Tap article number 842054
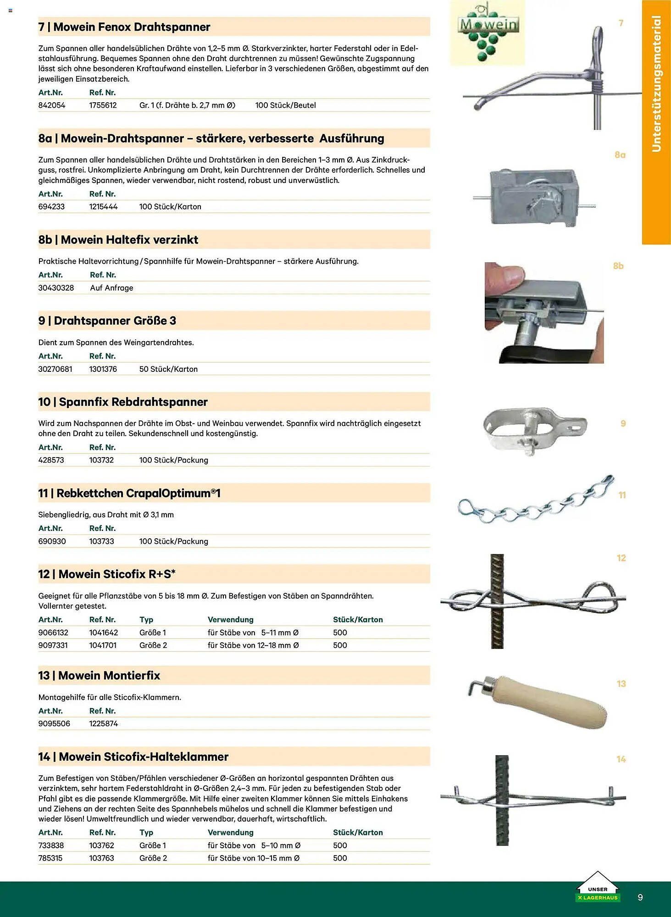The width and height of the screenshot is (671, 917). [52, 105]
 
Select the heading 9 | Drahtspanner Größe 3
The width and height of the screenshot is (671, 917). [107, 321]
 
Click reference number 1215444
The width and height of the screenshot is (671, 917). [103, 207]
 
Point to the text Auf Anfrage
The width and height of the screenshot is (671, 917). [111, 288]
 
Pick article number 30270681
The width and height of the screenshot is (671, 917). [55, 369]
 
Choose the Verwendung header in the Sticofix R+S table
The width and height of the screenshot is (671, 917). [230, 620]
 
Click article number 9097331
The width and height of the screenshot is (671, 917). [53, 645]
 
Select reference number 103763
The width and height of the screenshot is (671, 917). [101, 858]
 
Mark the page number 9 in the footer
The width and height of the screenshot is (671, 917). [640, 897]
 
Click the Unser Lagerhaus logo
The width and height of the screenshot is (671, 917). [598, 888]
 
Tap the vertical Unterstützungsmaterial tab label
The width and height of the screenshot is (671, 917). [656, 84]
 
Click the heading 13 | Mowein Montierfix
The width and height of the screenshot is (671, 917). [99, 676]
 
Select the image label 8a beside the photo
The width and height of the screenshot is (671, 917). [620, 155]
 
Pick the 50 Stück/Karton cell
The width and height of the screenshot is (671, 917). [168, 369]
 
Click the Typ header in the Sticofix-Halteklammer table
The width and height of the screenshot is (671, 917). [146, 833]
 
